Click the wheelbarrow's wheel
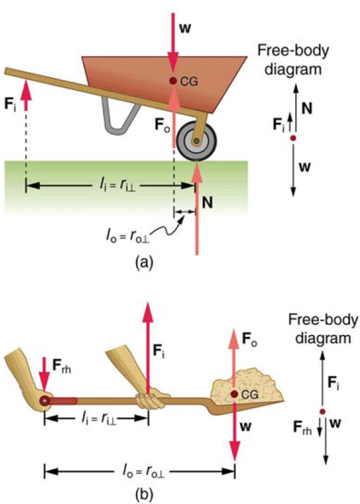point(196,141)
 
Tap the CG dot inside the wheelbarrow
point(173,80)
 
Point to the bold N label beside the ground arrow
point(207,203)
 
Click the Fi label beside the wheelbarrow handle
point(10,104)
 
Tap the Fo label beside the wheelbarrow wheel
point(162,125)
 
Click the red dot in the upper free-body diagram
point(293,138)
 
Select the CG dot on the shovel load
point(235,394)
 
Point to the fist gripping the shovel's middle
point(150,399)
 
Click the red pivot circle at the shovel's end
point(45,401)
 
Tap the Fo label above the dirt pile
point(250,339)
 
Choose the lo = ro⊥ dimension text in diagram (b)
point(144,472)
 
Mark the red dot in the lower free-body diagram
point(323,412)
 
